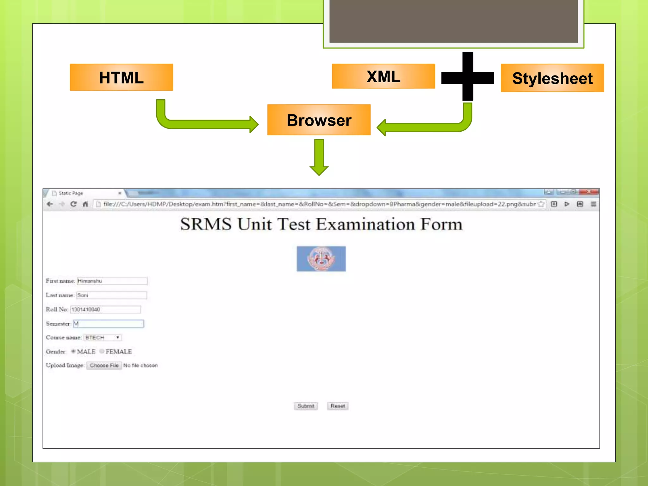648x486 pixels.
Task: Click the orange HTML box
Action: (121, 78)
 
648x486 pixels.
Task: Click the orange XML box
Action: (383, 76)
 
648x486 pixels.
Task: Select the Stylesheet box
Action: (552, 78)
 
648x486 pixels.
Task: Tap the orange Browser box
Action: (319, 120)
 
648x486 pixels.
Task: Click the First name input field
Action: (112, 281)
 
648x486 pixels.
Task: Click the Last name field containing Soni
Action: (112, 295)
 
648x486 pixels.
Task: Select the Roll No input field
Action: (105, 309)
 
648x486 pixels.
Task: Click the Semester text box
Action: (109, 324)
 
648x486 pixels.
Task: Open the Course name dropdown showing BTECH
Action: (103, 338)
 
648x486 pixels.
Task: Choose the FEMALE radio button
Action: (102, 351)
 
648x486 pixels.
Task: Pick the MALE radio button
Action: (73, 351)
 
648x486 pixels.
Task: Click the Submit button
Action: (306, 406)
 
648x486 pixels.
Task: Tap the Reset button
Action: (338, 406)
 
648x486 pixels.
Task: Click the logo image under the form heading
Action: (321, 259)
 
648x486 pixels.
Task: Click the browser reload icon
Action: (73, 204)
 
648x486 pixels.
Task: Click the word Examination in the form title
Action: (365, 224)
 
